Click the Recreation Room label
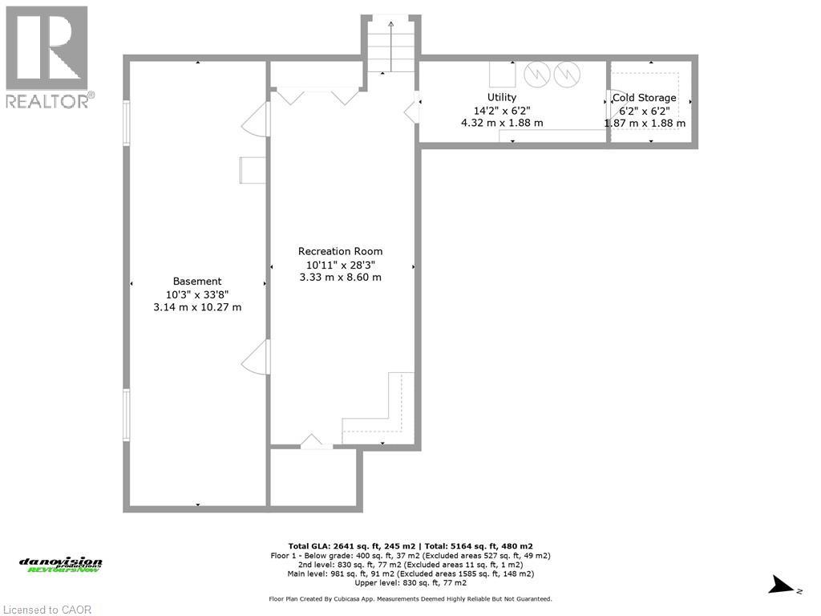340,251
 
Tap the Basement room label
197,281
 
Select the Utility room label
502,97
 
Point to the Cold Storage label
645,98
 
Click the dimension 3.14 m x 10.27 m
197,307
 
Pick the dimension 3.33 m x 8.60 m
340,278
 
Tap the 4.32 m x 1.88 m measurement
502,123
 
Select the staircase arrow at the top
391,44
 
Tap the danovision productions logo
61,565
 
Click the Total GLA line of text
410,545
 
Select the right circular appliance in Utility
567,75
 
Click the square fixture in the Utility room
503,74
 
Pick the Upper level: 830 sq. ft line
410,583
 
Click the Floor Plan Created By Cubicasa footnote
410,599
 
